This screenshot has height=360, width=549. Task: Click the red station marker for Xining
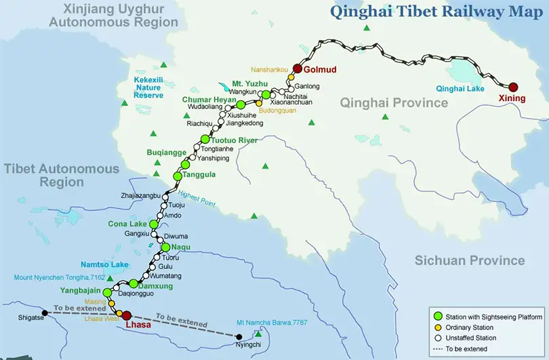click(x=513, y=87)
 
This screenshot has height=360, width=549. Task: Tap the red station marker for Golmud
click(x=297, y=68)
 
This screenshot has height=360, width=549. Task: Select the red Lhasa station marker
click(x=125, y=315)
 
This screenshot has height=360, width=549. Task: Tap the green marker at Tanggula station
click(x=178, y=176)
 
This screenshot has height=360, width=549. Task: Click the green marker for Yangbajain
click(x=107, y=292)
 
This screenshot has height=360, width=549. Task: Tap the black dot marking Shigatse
click(x=44, y=313)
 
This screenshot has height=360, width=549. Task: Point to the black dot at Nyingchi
click(x=238, y=336)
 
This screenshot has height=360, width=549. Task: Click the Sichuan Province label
click(x=470, y=260)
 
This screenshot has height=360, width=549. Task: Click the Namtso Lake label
click(x=104, y=264)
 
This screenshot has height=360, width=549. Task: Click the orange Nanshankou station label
click(x=270, y=69)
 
